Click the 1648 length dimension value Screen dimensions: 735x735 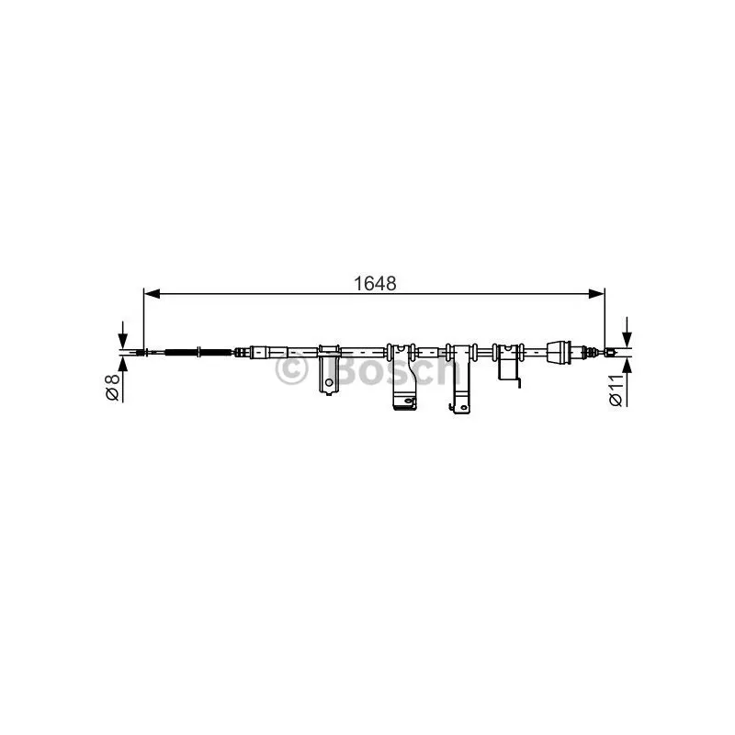pyautogui.click(x=375, y=283)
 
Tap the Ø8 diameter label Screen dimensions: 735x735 pyautogui.click(x=113, y=386)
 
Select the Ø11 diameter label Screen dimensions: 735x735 pyautogui.click(x=616, y=390)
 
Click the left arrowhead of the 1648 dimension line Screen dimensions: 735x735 pyautogui.click(x=153, y=294)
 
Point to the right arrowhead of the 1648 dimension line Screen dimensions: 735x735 pyautogui.click(x=595, y=294)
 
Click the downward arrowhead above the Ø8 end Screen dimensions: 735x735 pyautogui.click(x=122, y=340)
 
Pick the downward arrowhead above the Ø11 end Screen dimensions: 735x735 pyautogui.click(x=627, y=339)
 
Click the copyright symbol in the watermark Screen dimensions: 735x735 pyautogui.click(x=291, y=369)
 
